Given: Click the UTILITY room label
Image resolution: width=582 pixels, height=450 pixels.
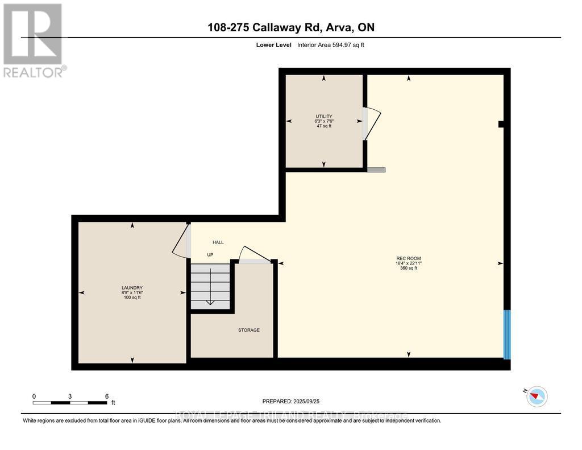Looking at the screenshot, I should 324,116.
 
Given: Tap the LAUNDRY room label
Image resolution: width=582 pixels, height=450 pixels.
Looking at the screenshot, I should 132,288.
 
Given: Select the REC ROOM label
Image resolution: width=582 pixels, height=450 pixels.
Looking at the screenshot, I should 408,258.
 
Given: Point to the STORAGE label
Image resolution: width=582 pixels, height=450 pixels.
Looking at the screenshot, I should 249,330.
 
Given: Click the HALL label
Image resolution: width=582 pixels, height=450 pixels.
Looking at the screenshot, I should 218,242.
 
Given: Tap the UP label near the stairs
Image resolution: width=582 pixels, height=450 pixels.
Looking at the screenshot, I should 210,255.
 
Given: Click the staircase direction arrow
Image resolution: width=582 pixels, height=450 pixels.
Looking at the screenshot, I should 210,287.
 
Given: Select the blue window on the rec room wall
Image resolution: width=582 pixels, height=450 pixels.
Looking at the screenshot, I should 507,335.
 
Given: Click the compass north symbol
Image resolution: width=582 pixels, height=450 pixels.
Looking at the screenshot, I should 537,396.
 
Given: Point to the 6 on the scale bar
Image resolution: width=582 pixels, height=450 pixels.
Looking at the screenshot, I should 106,396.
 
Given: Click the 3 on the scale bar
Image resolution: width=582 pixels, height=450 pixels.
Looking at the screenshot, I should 70,396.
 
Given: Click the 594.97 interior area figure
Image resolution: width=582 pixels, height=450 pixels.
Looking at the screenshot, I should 342,44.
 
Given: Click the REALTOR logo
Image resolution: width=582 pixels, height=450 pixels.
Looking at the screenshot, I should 34,40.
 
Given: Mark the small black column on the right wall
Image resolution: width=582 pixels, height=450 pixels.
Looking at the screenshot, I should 501,124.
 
